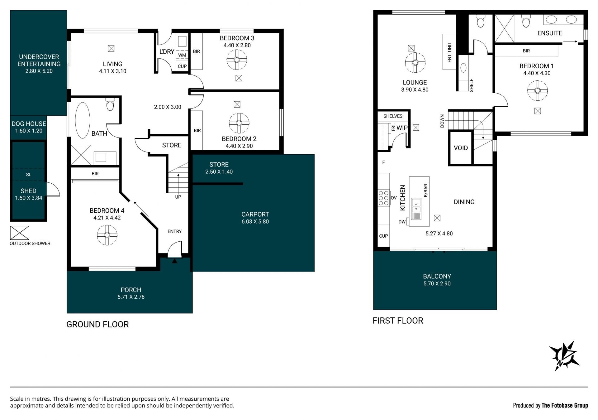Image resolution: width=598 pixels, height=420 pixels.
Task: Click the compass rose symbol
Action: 564,356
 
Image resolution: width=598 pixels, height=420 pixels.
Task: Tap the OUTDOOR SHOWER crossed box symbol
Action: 20,233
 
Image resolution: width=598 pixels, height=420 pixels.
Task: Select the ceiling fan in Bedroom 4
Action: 107,235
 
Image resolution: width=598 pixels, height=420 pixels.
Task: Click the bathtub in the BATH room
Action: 83,120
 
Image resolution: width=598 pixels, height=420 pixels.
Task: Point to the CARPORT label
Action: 255,215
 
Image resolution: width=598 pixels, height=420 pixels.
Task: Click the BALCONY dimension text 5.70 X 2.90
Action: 437,283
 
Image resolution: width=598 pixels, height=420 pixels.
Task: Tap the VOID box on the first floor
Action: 461,148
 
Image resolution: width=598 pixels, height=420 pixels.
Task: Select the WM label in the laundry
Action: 182,55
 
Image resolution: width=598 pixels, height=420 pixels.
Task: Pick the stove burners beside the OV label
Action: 384,198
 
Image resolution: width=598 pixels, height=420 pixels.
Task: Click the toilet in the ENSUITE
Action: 526,22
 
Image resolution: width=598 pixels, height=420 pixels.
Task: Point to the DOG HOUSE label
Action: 29,124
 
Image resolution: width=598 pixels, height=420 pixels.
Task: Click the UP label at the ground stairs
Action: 178,197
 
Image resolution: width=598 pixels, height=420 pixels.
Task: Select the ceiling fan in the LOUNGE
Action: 415,62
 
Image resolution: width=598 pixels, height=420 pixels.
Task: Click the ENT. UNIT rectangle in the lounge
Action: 449,52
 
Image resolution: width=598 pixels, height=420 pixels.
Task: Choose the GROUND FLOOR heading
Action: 97,324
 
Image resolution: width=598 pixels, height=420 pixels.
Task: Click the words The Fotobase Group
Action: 565,405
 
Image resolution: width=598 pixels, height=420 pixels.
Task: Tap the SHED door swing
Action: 53,189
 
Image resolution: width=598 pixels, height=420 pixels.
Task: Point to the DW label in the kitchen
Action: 402,222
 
